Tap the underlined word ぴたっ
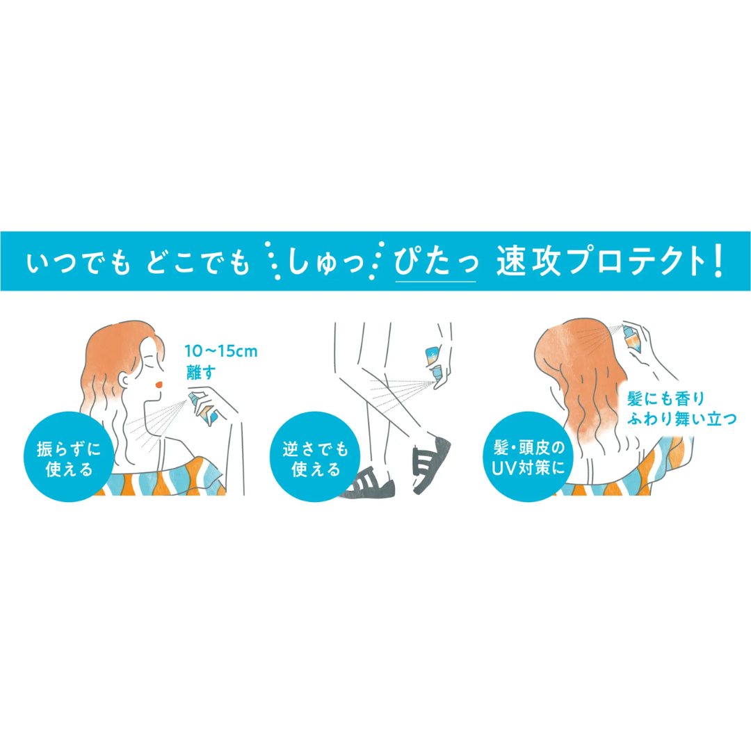(435, 261)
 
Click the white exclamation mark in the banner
(717, 261)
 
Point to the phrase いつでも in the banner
(78, 262)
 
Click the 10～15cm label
(221, 351)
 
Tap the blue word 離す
(201, 372)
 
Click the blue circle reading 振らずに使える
(68, 457)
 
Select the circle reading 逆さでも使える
(315, 457)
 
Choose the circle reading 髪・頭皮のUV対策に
(528, 457)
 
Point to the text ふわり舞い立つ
(681, 419)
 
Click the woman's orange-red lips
(159, 384)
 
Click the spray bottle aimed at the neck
(203, 409)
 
